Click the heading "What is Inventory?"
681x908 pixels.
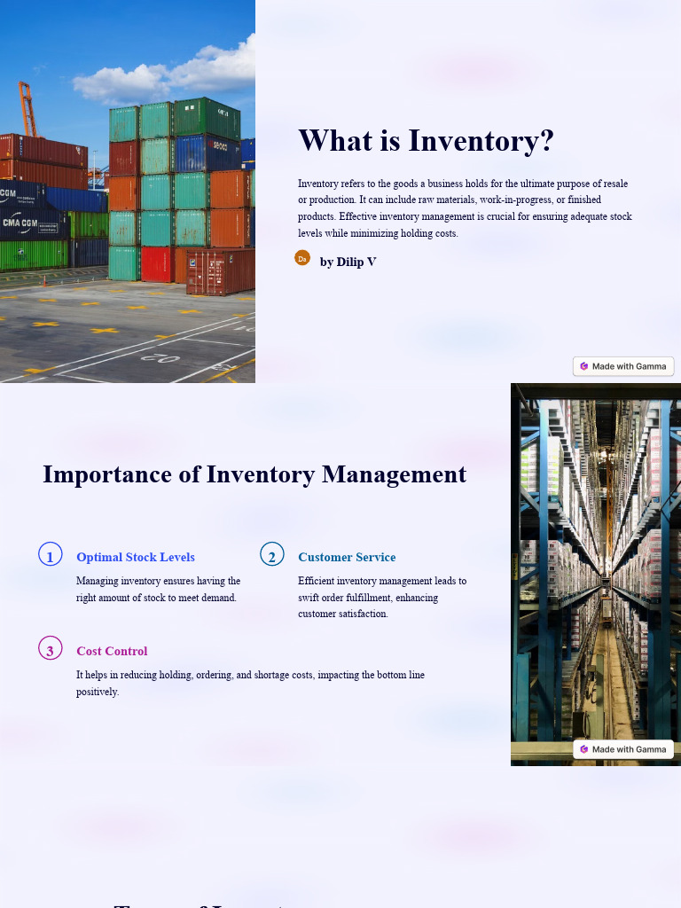[426, 141]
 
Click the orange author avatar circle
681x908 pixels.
[302, 258]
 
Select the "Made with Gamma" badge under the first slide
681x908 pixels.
[623, 366]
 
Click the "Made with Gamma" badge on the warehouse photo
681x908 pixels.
[623, 749]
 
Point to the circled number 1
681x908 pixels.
[51, 555]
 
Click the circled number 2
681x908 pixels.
[272, 555]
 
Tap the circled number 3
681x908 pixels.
[51, 649]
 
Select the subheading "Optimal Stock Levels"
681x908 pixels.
[136, 557]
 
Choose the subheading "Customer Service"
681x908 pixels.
[347, 557]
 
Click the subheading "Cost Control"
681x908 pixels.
[112, 651]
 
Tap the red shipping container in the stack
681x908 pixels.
[156, 263]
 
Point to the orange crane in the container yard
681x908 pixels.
[26, 106]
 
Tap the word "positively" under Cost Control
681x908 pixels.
[98, 692]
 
